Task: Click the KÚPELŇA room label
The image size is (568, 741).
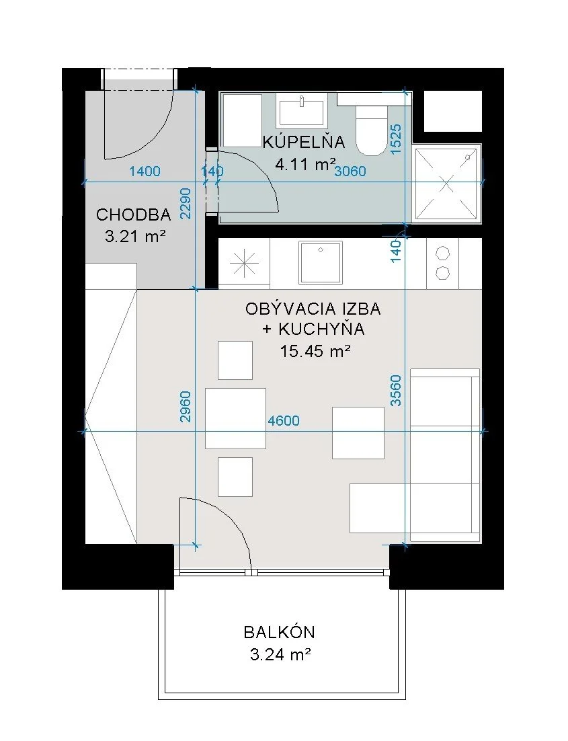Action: pos(303,142)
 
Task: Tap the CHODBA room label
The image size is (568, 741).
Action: pos(133,214)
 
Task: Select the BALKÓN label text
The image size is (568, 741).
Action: pos(279,632)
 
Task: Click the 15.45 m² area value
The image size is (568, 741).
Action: pos(315,351)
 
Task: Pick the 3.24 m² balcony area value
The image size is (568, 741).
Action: pos(280,654)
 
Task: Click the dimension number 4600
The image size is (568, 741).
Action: pos(284,420)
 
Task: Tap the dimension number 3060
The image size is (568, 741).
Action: pos(350,171)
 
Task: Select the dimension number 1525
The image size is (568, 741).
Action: pos(396,139)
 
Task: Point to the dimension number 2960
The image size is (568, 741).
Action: pos(186,406)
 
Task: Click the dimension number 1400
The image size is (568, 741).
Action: pos(145,171)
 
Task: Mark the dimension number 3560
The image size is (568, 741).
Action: pos(396,391)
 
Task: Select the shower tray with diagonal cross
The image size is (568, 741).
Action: pos(447,184)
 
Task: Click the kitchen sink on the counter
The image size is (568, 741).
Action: pos(321,262)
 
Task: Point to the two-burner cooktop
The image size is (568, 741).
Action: pos(443,263)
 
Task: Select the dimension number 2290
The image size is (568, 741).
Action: pos(186,203)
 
